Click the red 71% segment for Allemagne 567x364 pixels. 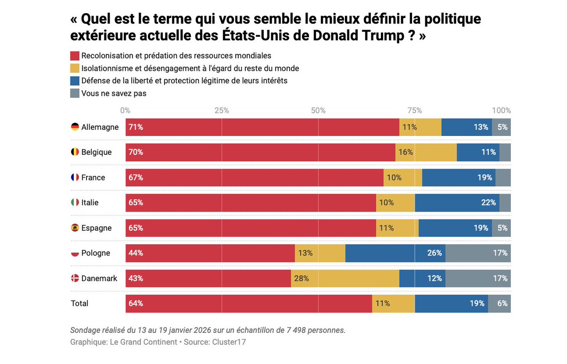point(262,127)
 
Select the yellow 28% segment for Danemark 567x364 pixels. point(345,279)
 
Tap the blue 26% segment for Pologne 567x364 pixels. point(395,253)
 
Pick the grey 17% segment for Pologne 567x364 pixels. point(478,253)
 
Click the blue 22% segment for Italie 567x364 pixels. point(457,203)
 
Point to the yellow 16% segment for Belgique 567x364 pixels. point(426,152)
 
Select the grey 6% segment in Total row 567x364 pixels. point(499,304)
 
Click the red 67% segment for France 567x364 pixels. point(254,178)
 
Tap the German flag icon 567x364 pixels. point(75,127)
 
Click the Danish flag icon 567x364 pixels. point(75,279)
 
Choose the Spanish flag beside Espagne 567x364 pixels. point(75,228)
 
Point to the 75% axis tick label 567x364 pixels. point(414,110)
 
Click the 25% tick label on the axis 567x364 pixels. point(222,110)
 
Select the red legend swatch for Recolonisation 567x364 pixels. point(75,56)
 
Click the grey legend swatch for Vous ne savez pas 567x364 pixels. point(75,93)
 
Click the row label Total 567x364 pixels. point(79,304)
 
